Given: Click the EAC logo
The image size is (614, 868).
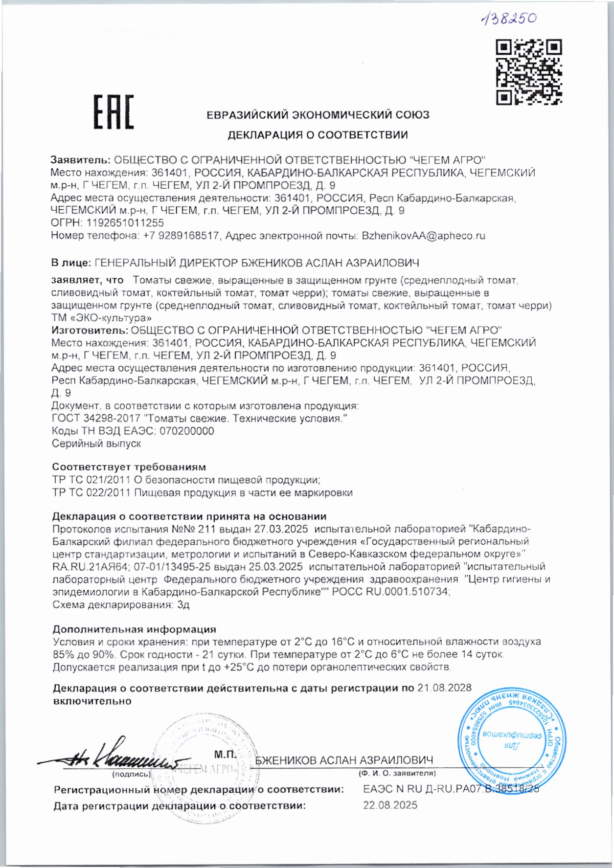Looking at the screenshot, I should tap(114, 112).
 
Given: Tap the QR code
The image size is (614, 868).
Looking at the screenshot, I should tap(528, 72).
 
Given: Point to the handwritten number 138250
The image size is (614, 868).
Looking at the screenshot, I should tap(508, 19).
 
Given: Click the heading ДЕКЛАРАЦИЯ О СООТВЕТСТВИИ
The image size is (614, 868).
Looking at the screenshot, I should tap(318, 135).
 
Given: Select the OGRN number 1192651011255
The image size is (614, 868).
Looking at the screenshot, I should tap(125, 223).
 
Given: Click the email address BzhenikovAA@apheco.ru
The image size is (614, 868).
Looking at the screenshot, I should tap(423, 236).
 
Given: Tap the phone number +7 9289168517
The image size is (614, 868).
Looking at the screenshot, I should tap(181, 236).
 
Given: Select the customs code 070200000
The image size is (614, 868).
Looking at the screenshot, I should tap(187, 431).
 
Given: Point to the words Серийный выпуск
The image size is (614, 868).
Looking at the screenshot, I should tap(96, 444).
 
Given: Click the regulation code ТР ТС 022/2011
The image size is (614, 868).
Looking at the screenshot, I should tap(91, 492).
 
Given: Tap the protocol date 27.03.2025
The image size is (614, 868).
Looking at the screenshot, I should tap(281, 529).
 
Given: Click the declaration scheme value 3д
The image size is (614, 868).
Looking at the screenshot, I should tap(183, 604).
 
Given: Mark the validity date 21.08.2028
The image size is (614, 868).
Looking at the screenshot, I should tap(444, 688).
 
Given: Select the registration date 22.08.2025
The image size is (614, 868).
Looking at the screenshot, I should tap(390, 805).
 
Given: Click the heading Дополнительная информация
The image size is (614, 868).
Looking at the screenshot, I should tap(134, 629).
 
